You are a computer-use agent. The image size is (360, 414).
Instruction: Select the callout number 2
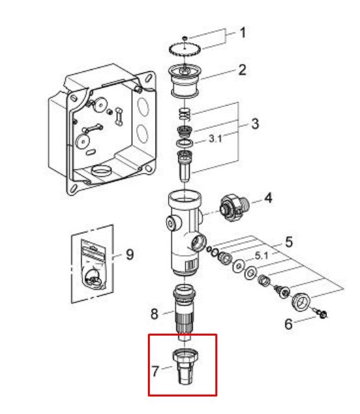(241, 70)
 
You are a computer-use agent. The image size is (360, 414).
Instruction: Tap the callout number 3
(254, 124)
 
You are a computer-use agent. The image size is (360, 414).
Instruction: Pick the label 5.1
(261, 256)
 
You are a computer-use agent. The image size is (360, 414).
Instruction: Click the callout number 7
(155, 371)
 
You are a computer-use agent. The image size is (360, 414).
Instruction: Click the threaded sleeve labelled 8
(184, 312)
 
